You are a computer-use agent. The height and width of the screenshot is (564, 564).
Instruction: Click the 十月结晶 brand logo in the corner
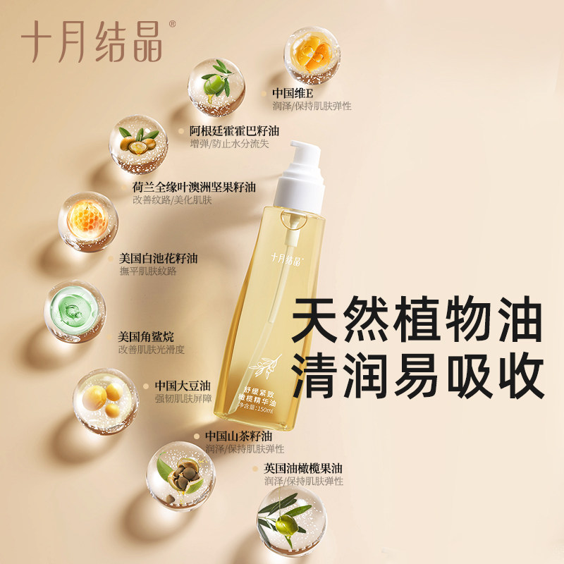click(x=92, y=40)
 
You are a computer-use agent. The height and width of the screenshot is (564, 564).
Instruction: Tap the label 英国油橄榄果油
click(x=302, y=467)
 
